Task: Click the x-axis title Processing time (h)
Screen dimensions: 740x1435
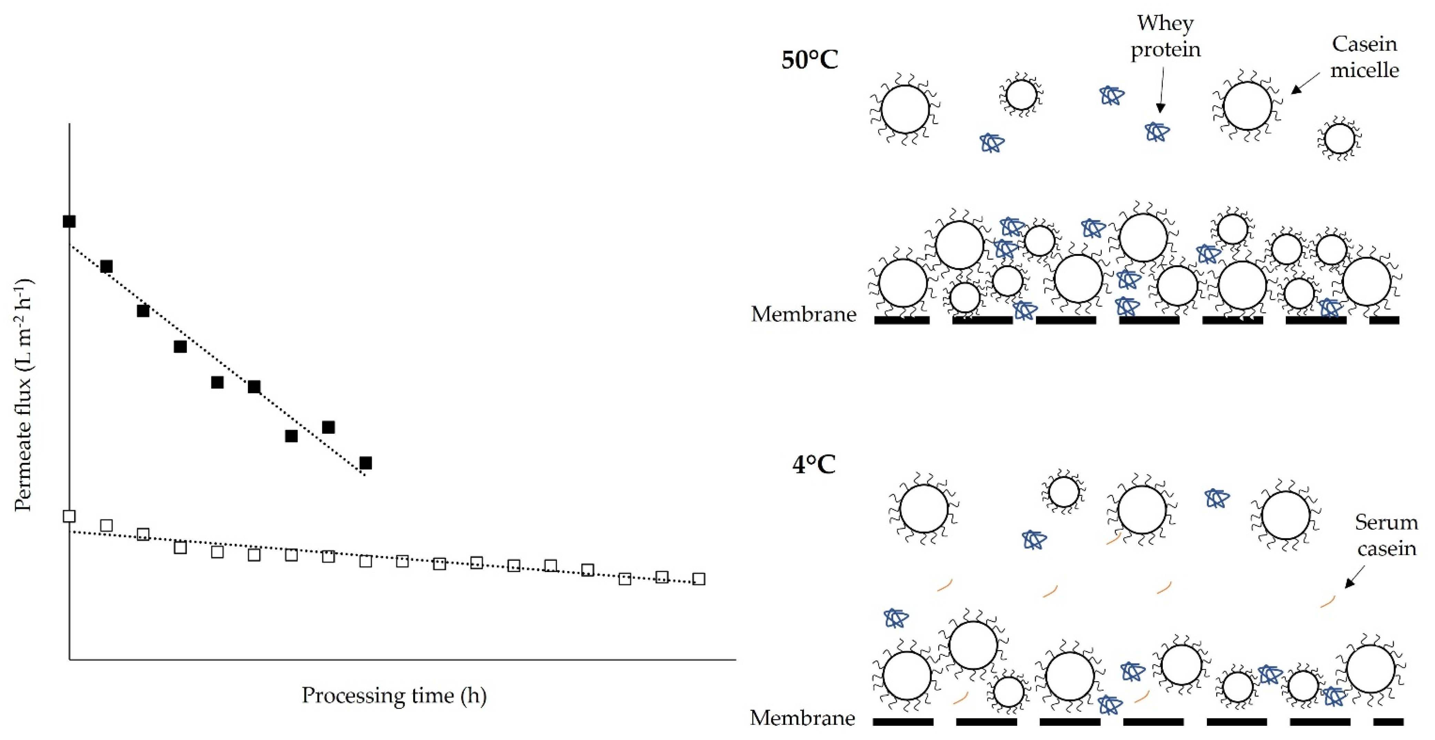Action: point(394,696)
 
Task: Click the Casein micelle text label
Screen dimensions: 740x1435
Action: point(1364,57)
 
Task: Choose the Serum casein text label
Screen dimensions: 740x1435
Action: point(1386,535)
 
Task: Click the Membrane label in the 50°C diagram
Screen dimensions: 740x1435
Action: point(803,314)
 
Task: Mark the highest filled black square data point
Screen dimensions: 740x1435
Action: point(69,221)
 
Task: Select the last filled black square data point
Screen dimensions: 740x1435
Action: point(365,462)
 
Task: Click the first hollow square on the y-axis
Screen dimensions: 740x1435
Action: point(69,516)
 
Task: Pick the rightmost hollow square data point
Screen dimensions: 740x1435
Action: point(699,579)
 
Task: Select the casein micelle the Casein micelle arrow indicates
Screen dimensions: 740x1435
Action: point(1247,106)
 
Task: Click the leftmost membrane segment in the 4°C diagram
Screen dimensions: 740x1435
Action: point(903,722)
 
